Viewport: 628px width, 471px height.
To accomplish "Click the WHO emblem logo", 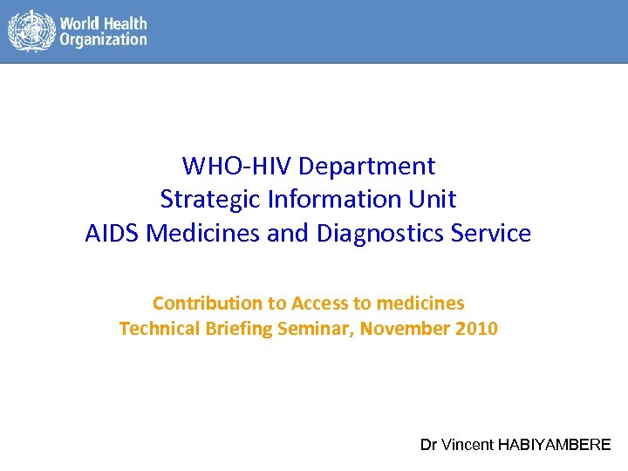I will coord(31,31).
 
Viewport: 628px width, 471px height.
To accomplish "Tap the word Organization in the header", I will coord(103,40).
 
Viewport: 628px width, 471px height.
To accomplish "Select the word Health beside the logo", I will coord(127,24).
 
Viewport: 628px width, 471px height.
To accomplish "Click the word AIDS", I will coord(113,234).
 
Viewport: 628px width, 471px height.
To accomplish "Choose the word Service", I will coord(495,234).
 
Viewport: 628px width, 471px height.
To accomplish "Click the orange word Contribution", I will coord(208,304).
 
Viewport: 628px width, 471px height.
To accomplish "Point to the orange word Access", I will coord(319,304).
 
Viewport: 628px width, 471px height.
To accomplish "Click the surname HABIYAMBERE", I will coord(554,445).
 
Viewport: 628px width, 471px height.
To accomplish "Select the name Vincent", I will coord(468,445).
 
